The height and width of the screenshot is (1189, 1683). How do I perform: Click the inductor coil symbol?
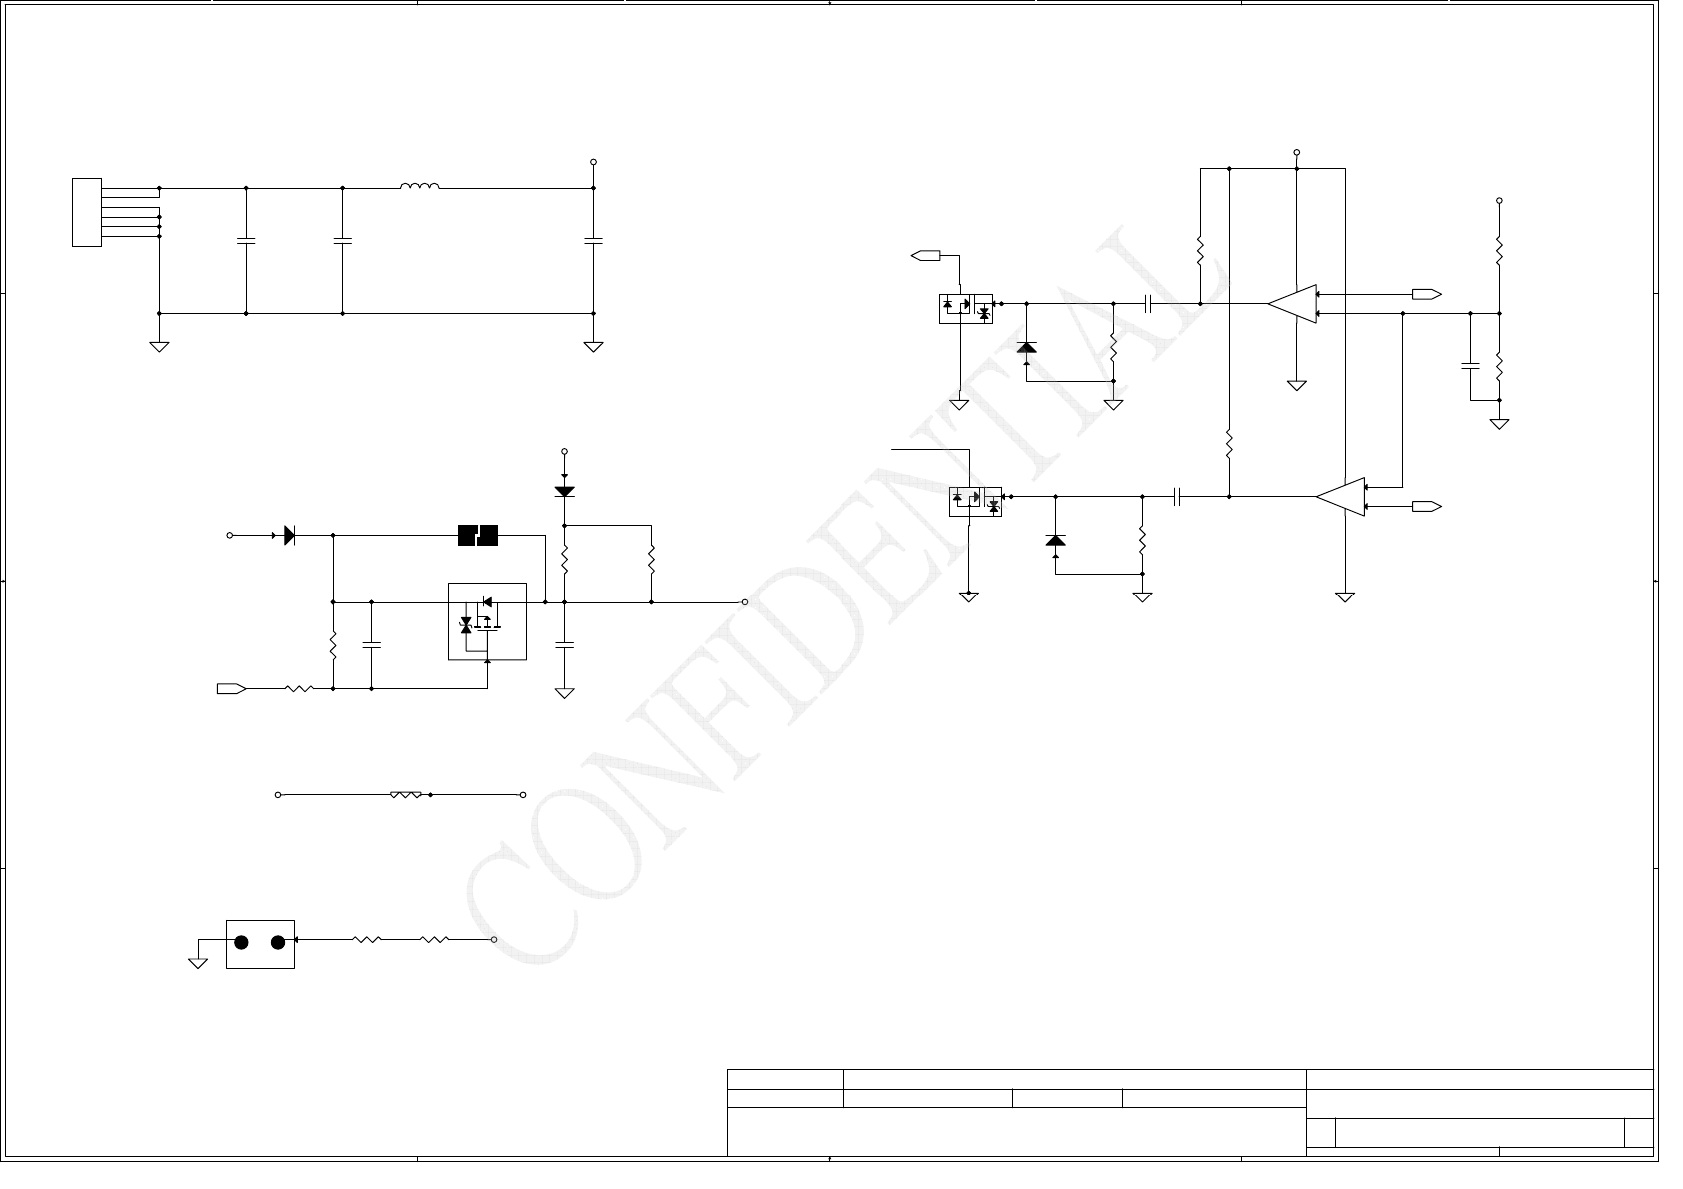tap(419, 186)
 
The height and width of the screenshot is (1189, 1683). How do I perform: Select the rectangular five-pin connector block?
tap(87, 212)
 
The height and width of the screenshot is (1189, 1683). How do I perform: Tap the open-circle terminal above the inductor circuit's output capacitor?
tap(593, 162)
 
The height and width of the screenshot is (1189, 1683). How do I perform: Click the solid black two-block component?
tap(477, 536)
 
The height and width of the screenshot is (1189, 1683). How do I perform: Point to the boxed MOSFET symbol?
tap(487, 621)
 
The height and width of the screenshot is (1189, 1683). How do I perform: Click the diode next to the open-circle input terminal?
tap(289, 536)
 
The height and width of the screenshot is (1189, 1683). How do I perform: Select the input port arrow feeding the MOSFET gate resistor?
tap(231, 688)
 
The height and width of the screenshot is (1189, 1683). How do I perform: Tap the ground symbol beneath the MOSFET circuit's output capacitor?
tap(564, 692)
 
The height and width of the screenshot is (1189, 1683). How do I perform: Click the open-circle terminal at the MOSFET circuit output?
tap(745, 602)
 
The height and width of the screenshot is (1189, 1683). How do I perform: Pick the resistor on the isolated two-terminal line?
tap(405, 795)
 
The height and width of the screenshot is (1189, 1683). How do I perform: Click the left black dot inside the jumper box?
tap(241, 942)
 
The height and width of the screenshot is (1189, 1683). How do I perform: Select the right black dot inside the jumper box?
tap(279, 942)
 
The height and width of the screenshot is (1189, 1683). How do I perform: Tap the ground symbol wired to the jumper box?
tap(198, 962)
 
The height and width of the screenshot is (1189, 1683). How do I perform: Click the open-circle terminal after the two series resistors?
tap(494, 940)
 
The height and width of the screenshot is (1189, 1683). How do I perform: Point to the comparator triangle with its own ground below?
tap(1293, 304)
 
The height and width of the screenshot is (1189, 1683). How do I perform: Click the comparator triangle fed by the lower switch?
tap(1341, 497)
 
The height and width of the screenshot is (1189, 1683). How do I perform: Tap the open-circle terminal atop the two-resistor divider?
tap(1499, 201)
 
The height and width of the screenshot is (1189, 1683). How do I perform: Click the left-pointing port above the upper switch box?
tap(926, 256)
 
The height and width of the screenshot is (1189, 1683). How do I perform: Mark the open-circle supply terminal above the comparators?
tap(1296, 153)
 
